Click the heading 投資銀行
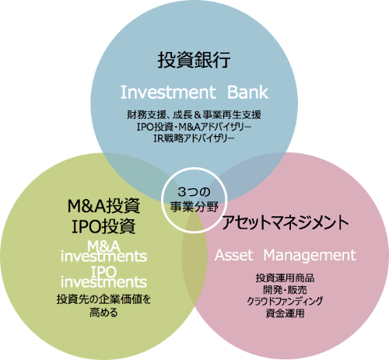coord(194,60)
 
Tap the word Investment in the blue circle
coord(168,93)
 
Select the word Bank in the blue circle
coord(247,93)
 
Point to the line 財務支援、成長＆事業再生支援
coord(194,114)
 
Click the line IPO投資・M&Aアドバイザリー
coord(194,127)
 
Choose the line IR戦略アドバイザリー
coord(194,138)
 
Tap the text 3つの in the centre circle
coord(194,192)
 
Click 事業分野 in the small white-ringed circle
coord(194,207)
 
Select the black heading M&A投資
coord(103,206)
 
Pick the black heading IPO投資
coord(103,226)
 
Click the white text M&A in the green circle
coord(103,246)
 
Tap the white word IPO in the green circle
coord(103,271)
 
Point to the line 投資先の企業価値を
coord(103,299)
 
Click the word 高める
coord(103,313)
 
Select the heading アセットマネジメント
coord(285,222)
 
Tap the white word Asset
coord(233,255)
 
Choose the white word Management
coord(310,256)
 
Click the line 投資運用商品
coord(286,278)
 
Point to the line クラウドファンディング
coord(286,301)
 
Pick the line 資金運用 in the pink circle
coord(286,313)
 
